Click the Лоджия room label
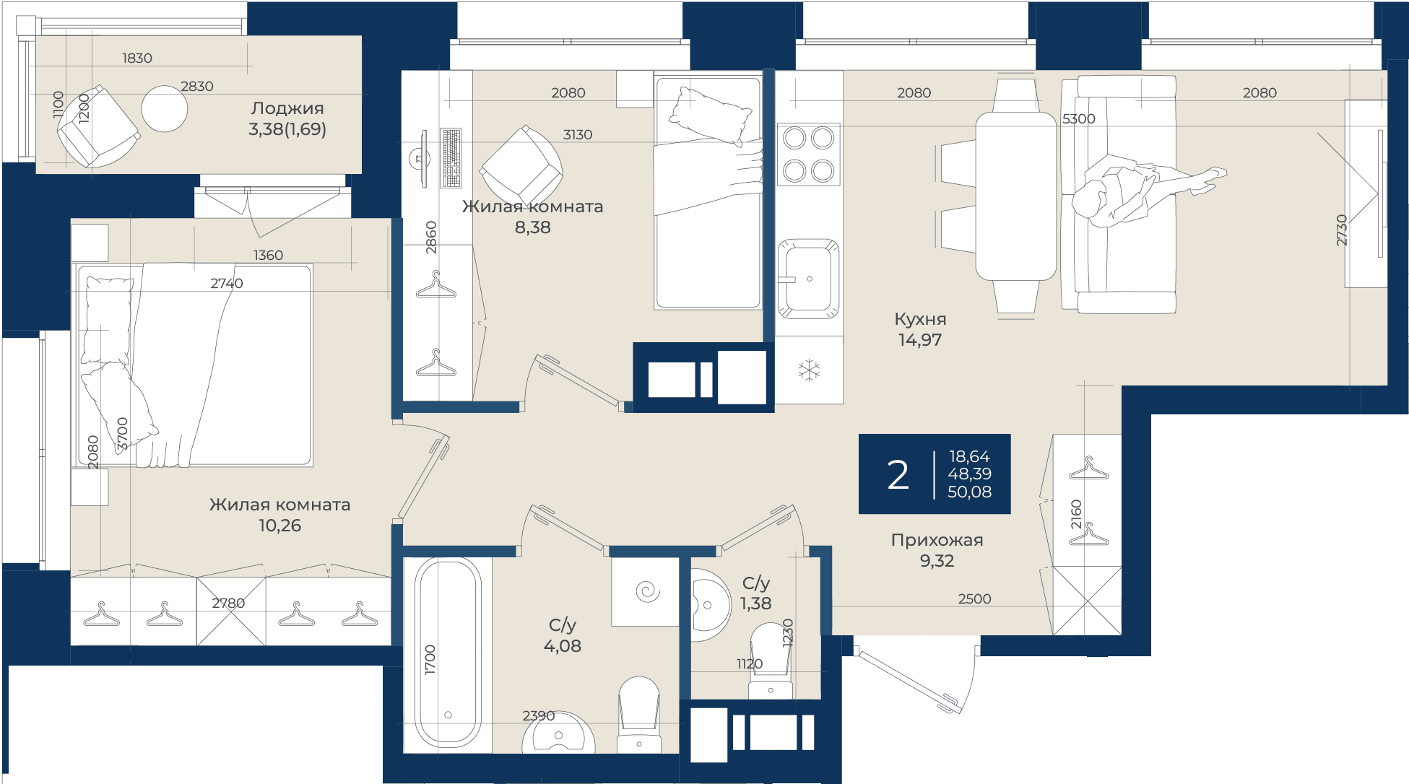[287, 108]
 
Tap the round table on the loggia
[165, 109]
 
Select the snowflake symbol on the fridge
[809, 370]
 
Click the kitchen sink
[809, 279]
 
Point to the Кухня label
[920, 319]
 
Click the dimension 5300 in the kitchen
[1079, 119]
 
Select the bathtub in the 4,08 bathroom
[448, 654]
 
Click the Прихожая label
[937, 540]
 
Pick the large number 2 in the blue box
[898, 475]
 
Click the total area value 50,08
[969, 492]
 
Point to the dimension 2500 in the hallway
[974, 599]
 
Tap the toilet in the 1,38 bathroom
[771, 661]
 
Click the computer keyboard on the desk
[451, 158]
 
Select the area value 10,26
[279, 526]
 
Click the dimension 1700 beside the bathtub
[430, 660]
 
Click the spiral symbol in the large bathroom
[647, 592]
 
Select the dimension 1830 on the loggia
[137, 58]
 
